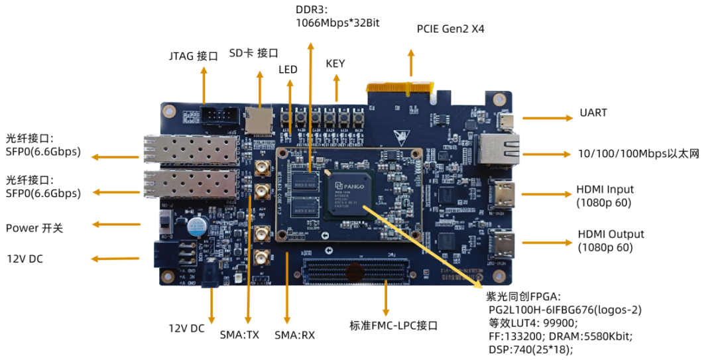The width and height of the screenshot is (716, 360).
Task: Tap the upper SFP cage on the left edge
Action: click(x=191, y=150)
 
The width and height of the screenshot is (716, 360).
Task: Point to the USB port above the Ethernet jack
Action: click(x=505, y=121)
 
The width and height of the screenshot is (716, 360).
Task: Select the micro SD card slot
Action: click(x=258, y=119)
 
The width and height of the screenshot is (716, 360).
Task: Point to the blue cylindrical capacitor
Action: click(x=196, y=226)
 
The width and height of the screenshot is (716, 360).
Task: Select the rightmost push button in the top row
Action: click(x=359, y=119)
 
